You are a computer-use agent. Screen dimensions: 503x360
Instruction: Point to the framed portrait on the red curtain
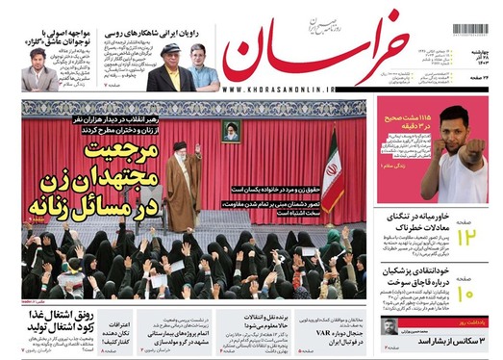pyautogui.click(x=231, y=131)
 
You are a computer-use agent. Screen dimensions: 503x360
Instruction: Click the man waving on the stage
pyautogui.click(x=183, y=188)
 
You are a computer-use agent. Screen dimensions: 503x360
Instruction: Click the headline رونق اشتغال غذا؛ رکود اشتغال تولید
pyautogui.click(x=48, y=322)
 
